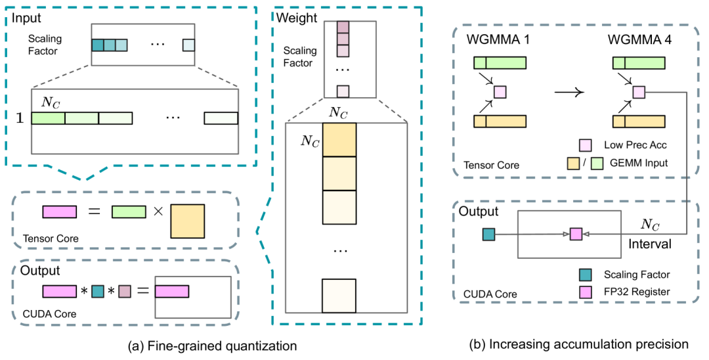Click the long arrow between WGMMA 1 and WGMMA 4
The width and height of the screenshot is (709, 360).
pos(569,92)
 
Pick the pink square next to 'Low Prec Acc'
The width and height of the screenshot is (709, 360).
pos(584,145)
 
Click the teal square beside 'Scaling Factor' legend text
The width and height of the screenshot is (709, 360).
pos(584,273)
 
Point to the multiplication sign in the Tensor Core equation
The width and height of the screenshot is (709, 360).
pos(158,212)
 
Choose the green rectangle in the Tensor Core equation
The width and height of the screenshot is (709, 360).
pos(129,212)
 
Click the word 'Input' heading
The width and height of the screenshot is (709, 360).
pos(24,16)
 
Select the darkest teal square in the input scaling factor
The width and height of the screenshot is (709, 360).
pos(97,45)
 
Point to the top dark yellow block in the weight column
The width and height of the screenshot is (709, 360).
pos(339,139)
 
